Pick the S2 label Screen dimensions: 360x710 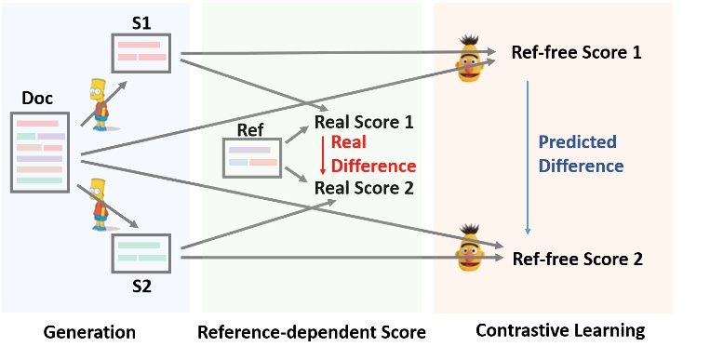[141, 285]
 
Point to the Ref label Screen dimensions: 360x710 [250, 128]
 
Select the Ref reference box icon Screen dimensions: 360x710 [252, 157]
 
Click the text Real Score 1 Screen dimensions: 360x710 [364, 122]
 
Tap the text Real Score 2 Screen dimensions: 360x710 [364, 187]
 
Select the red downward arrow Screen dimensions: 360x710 [321, 154]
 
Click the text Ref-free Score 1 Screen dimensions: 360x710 [576, 52]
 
